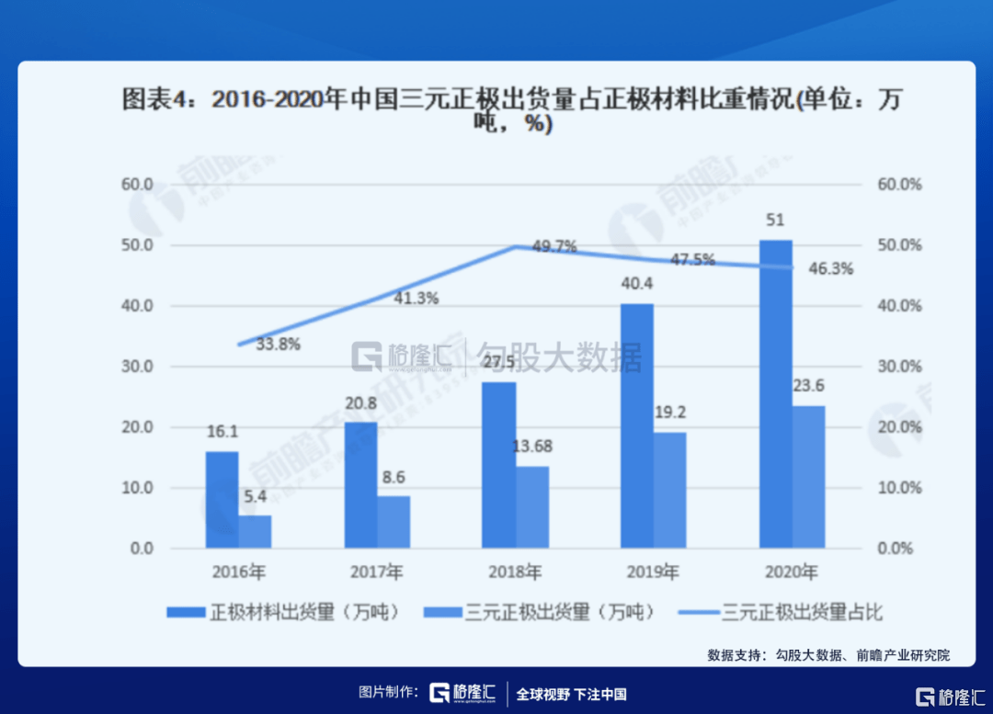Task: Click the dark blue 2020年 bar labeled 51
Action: click(775, 395)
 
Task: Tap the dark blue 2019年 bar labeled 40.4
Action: click(636, 426)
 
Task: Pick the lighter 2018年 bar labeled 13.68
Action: click(532, 507)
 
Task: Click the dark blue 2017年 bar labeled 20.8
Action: click(360, 485)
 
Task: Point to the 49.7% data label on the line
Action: click(554, 246)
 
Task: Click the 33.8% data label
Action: click(278, 346)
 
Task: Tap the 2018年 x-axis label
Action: click(515, 572)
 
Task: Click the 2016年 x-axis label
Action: click(238, 572)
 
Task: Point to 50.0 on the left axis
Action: click(136, 245)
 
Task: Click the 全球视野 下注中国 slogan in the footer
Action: click(571, 694)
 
